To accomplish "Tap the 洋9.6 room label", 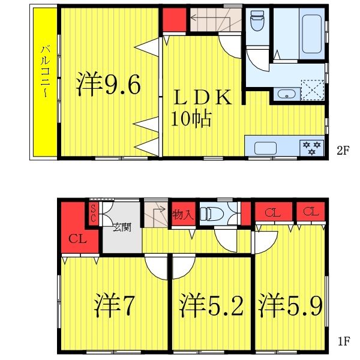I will [x=109, y=85].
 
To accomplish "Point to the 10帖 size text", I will [x=191, y=119].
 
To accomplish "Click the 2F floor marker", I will [x=342, y=151].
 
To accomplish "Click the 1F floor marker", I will [x=343, y=343].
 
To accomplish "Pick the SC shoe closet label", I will [x=93, y=213].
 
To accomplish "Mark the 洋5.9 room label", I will [x=292, y=306].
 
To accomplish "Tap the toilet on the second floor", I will [x=257, y=23].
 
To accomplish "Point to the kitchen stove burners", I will [x=311, y=148].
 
